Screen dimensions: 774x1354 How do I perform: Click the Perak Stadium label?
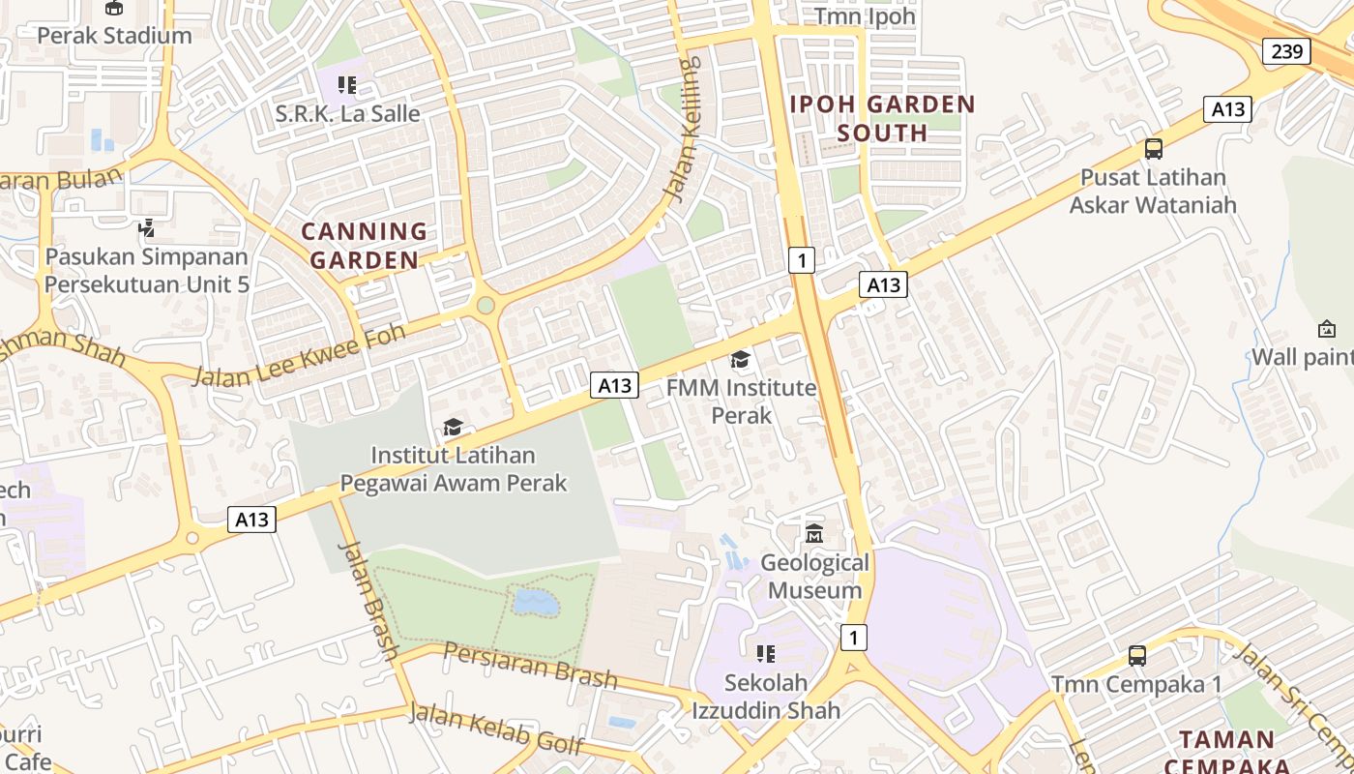(114, 36)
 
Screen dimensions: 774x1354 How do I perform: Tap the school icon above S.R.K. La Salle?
(347, 85)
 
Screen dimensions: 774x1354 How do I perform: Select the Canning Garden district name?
(365, 246)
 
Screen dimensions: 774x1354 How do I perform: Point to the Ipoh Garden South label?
(883, 118)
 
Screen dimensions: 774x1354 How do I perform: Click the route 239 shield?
(1286, 51)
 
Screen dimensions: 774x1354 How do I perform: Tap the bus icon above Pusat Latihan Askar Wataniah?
(1153, 149)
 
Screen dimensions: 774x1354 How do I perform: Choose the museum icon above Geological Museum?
(814, 534)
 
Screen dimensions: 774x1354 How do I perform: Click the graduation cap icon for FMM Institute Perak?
(741, 360)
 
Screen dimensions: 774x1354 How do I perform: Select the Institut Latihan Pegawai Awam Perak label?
(454, 469)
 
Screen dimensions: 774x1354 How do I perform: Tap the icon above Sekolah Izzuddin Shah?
(766, 654)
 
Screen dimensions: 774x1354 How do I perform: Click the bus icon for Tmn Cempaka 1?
(1137, 656)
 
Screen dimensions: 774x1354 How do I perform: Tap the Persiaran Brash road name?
(530, 665)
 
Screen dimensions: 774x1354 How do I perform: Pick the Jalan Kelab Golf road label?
(496, 728)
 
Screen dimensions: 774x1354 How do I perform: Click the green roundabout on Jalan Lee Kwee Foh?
(486, 305)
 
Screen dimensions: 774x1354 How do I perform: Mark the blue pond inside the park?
(535, 603)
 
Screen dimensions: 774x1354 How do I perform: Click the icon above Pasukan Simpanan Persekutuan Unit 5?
(146, 229)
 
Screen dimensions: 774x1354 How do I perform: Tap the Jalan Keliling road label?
(683, 130)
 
